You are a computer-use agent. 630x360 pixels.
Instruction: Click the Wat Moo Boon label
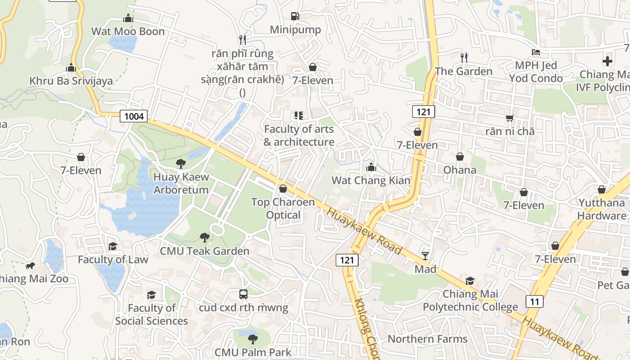(128, 31)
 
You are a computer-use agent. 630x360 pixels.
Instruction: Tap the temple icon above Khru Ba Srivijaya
(71, 68)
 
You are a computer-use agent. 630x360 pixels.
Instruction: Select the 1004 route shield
(134, 117)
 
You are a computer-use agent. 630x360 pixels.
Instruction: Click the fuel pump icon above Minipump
(295, 16)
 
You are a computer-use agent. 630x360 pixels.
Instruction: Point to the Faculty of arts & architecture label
(299, 135)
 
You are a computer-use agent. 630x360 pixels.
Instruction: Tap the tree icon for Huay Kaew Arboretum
(181, 163)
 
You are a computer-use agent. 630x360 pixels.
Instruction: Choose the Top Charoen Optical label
(283, 208)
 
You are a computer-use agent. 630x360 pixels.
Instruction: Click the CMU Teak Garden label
(204, 251)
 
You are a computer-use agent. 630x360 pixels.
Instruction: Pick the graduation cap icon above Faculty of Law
(112, 246)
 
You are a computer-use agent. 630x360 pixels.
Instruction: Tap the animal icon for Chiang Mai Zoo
(30, 265)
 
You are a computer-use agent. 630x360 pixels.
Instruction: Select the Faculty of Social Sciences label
(152, 314)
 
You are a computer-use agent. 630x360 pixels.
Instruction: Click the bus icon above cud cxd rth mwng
(243, 294)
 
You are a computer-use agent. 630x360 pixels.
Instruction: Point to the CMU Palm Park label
(253, 352)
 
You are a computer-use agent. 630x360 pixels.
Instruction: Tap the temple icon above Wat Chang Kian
(371, 167)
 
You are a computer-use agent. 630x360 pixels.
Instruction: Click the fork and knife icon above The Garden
(464, 58)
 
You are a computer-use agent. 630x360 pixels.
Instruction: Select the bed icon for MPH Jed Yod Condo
(535, 52)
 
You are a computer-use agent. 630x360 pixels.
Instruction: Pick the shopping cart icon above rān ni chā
(509, 118)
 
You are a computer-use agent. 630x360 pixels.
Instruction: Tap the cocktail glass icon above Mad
(425, 256)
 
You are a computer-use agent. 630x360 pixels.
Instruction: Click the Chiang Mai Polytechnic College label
(470, 301)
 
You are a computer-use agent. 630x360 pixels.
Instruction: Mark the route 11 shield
(534, 301)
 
